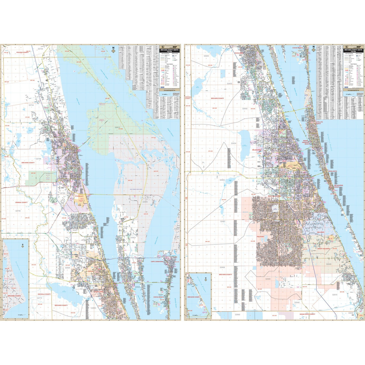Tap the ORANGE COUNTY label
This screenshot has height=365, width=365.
click(x=21, y=202)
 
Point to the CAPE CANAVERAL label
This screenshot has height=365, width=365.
click(x=157, y=262)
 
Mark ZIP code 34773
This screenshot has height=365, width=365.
click(x=39, y=298)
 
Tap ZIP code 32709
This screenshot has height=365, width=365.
click(x=18, y=211)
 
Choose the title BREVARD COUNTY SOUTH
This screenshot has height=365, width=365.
click(x=353, y=50)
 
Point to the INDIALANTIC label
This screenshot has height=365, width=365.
click(x=333, y=171)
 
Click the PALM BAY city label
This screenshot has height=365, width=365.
click(x=260, y=237)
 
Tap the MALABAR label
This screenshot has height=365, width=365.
click(x=321, y=232)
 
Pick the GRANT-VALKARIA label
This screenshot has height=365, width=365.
click(x=324, y=249)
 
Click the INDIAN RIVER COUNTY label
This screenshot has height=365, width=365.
click(x=307, y=314)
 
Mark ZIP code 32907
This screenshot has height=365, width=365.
click(x=222, y=221)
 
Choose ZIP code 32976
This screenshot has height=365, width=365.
click(x=335, y=295)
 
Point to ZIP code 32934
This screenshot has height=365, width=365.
click(x=234, y=143)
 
